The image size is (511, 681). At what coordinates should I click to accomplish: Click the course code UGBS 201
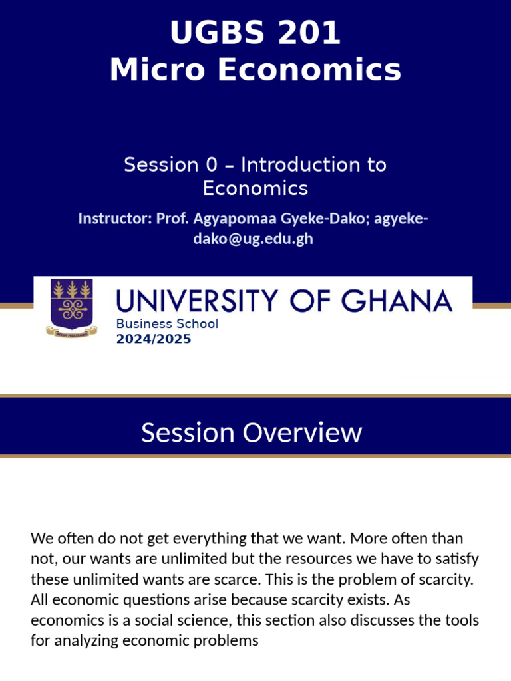pyautogui.click(x=255, y=33)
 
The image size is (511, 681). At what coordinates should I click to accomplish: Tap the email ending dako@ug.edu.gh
pyautogui.click(x=253, y=239)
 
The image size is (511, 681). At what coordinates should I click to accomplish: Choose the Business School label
pyautogui.click(x=167, y=324)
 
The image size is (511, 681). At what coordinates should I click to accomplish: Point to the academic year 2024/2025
pyautogui.click(x=154, y=339)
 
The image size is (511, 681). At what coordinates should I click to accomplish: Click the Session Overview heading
pyautogui.click(x=252, y=433)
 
